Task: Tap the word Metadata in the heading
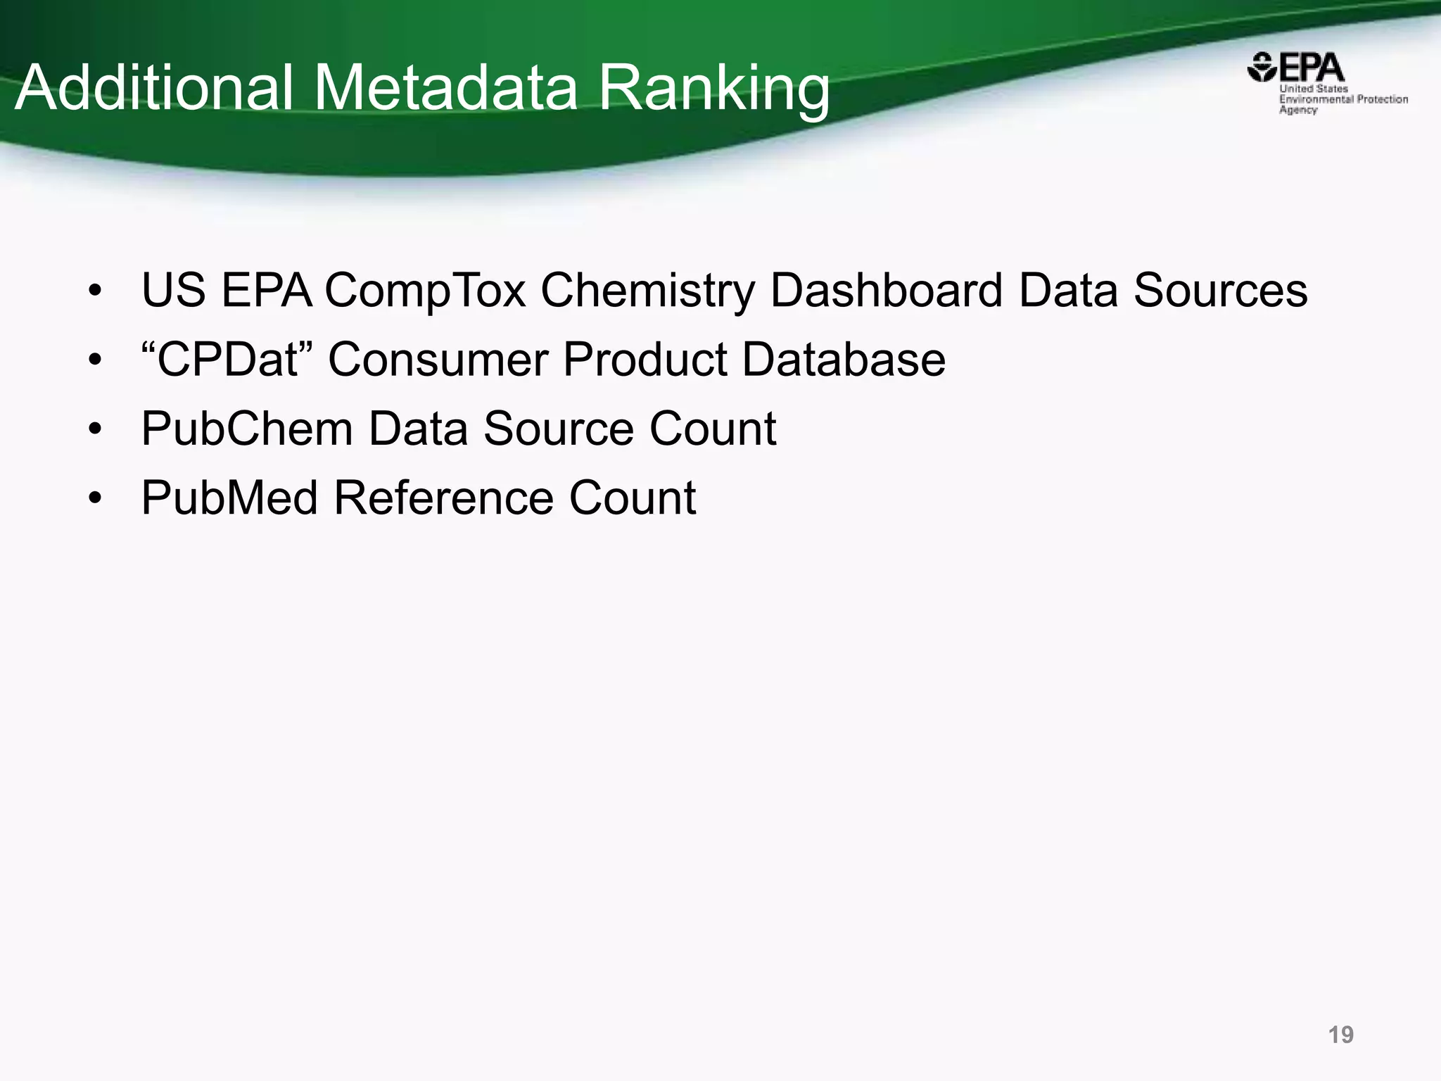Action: point(445,87)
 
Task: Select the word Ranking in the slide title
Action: point(714,89)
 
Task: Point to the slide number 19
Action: point(1340,1035)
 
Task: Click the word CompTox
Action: point(425,290)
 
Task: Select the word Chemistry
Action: point(647,291)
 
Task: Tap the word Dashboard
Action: point(886,290)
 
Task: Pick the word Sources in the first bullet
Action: point(1220,290)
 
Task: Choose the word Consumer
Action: point(438,359)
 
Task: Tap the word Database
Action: point(844,359)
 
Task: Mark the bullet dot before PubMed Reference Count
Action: point(96,499)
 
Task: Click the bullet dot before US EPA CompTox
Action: point(96,291)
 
